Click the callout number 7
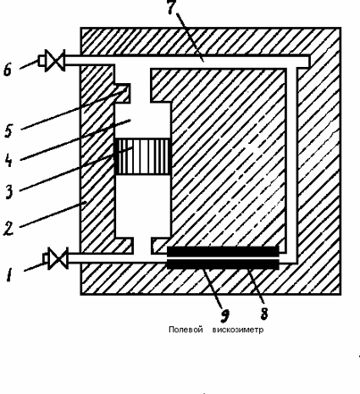tap(171, 7)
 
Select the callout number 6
tap(7, 70)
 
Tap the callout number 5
tap(8, 131)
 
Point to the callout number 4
tap(8, 161)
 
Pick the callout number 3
tap(9, 191)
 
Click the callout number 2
tap(8, 229)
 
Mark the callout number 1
tap(9, 274)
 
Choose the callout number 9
tap(225, 316)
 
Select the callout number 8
tap(264, 314)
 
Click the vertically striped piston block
tap(143, 156)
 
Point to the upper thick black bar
tap(222, 251)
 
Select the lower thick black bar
tap(222, 264)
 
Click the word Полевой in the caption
tap(186, 330)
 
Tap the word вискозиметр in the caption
tap(238, 330)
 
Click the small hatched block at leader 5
tap(122, 94)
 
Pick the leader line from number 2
tap(54, 214)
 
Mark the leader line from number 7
tap(190, 38)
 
